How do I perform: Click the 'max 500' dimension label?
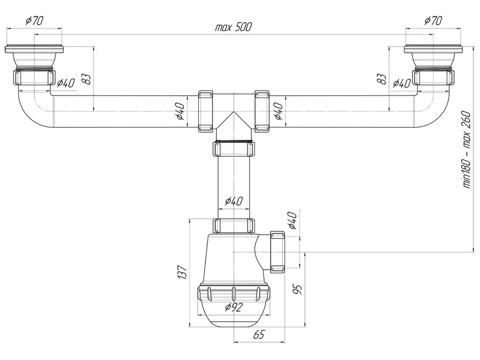pos(233,27)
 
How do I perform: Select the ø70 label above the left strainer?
pos(34,21)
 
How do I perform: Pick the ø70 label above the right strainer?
pos(433,21)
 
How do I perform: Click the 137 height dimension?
pos(182,272)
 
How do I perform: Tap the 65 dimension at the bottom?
pos(259,335)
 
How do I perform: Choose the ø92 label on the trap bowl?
pos(233,306)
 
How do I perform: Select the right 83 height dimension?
pos(382,79)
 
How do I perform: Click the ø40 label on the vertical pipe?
pos(234,201)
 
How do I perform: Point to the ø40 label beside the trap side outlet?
pos(292,220)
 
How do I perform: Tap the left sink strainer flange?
pos(34,49)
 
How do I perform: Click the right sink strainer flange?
pos(433,49)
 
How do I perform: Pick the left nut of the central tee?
pos(205,111)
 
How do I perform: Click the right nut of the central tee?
pos(262,111)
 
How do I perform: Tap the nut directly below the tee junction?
pos(234,149)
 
